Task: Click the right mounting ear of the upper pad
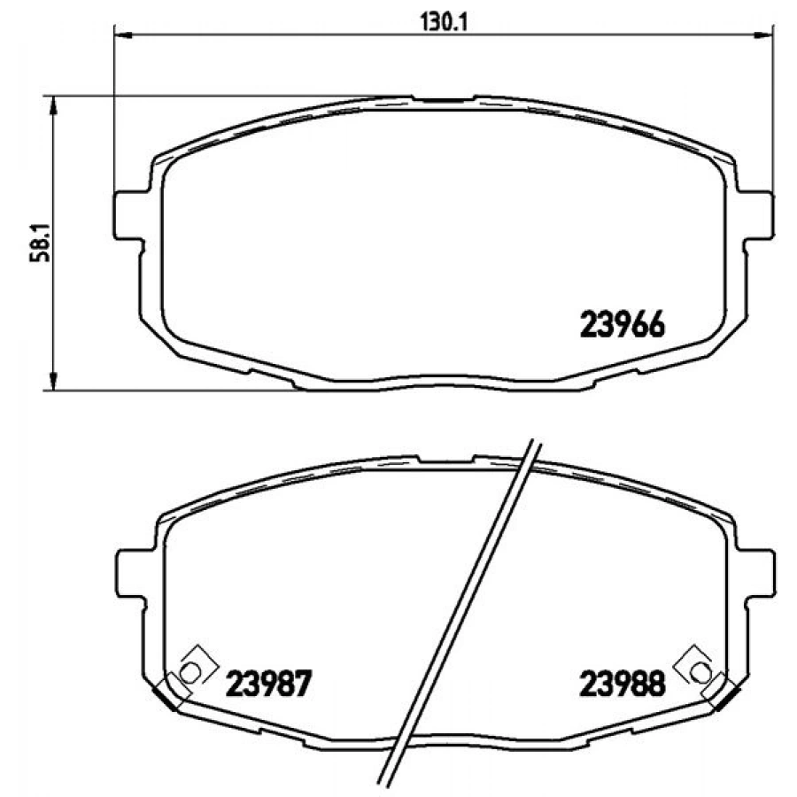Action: pyautogui.click(x=756, y=213)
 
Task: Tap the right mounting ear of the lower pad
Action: pyautogui.click(x=756, y=573)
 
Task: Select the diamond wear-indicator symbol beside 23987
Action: pyautogui.click(x=190, y=670)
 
